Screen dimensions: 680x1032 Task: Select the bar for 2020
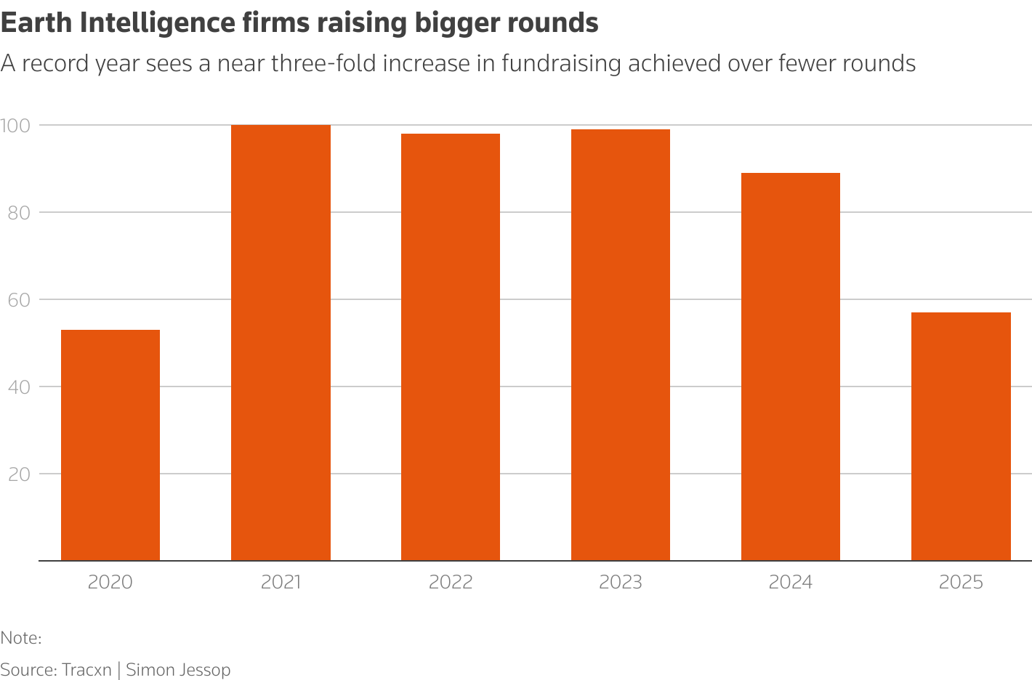click(x=110, y=445)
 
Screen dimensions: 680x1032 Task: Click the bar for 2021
click(x=281, y=343)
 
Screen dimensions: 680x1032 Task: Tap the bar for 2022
click(x=451, y=347)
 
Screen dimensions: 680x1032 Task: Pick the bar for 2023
click(x=621, y=345)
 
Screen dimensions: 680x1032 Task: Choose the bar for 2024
click(x=791, y=367)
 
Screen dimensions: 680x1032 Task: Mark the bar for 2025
click(x=961, y=437)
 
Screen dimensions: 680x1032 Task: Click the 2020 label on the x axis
click(x=110, y=583)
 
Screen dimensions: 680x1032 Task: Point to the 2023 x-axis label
click(x=621, y=583)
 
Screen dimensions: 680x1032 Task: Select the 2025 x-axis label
click(x=961, y=583)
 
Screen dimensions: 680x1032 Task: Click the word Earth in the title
click(x=36, y=23)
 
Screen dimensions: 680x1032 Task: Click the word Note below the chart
click(x=19, y=638)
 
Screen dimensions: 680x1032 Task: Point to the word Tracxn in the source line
click(x=86, y=670)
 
